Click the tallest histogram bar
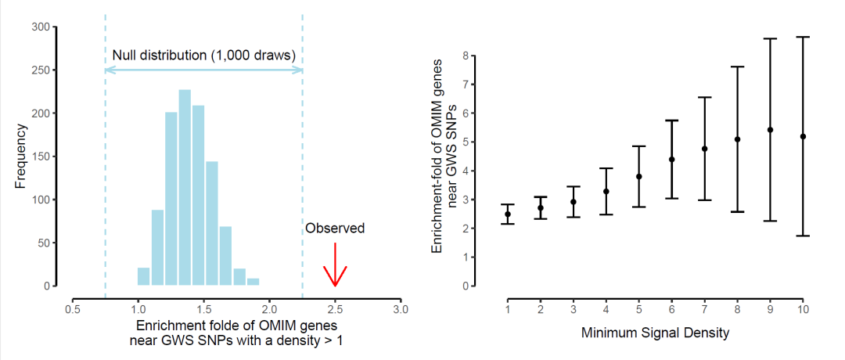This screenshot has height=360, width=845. coord(185,188)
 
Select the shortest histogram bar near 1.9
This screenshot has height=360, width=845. coord(253,282)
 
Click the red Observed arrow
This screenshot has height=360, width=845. coord(335,266)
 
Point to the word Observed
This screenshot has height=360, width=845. coord(335,229)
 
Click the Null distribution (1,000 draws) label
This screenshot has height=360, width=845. coord(203,56)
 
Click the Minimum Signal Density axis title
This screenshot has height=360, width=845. coord(655,333)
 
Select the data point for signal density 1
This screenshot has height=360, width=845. coord(508,214)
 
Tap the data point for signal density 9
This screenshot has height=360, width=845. coord(771,130)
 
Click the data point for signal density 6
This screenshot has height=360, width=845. coord(672,160)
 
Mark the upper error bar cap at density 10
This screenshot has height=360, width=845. coord(804,37)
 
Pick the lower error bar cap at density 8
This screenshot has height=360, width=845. coord(738,212)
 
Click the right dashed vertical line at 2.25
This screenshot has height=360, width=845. coord(302,157)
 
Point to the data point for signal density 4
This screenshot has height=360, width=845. coord(606,192)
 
